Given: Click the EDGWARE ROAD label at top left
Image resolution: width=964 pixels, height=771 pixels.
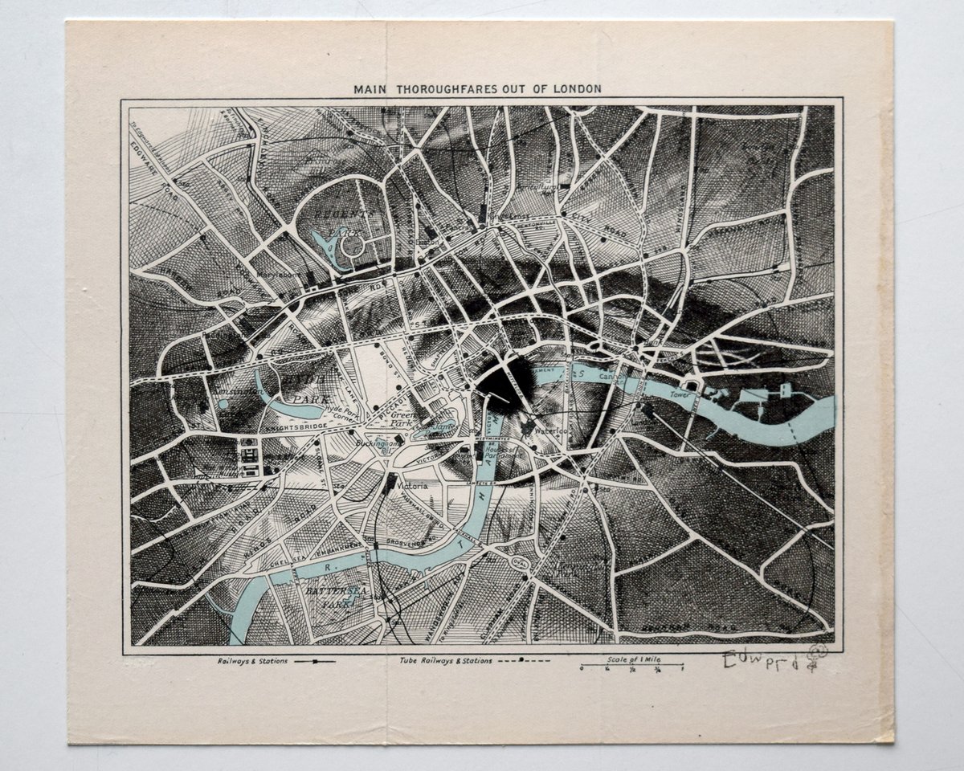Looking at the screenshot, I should (145, 169).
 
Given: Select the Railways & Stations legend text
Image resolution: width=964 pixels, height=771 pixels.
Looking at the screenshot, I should (241, 663).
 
